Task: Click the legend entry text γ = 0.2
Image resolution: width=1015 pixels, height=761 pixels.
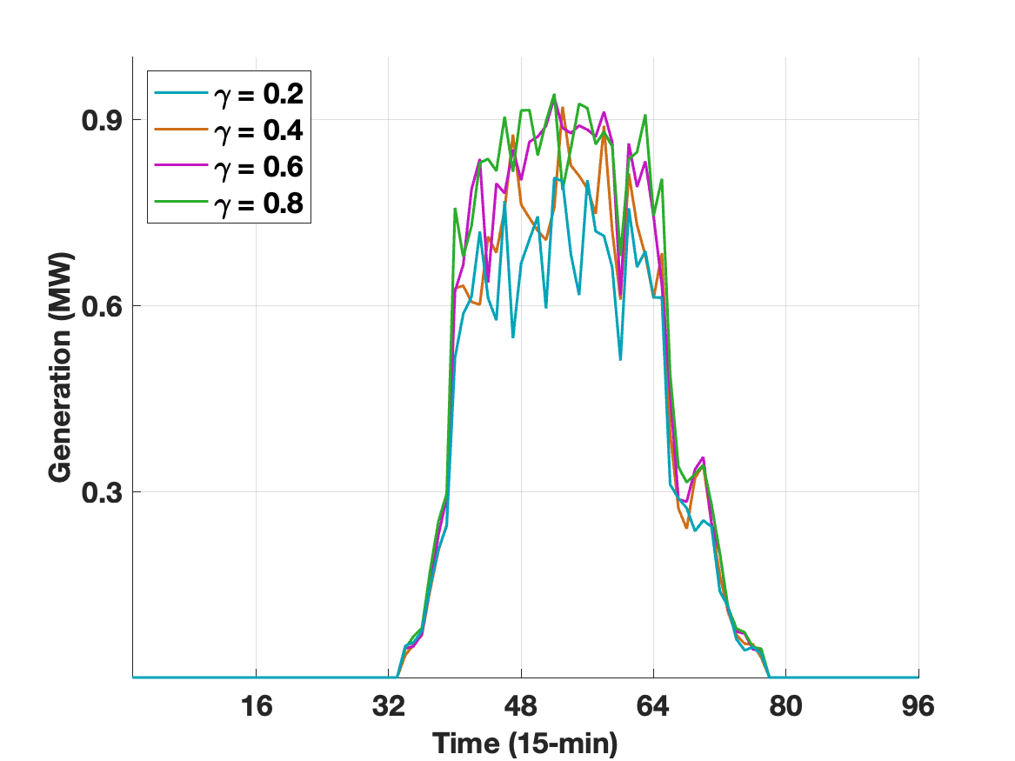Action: coord(257,91)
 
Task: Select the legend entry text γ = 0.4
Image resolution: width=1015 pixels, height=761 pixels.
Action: coord(257,129)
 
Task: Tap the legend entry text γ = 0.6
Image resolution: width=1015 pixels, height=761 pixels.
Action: coord(257,165)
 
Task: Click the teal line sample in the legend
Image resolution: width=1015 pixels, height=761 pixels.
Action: coord(181,91)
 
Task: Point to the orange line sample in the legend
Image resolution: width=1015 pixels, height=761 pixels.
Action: coord(181,129)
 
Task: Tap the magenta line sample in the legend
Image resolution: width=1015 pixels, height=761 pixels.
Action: coord(181,165)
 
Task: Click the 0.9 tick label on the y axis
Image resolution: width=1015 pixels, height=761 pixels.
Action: coord(100,120)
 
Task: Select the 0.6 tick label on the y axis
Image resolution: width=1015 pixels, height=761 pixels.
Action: coord(100,306)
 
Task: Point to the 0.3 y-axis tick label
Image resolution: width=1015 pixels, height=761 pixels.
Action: coord(100,492)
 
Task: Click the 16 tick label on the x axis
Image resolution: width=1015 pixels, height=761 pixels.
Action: coord(256,706)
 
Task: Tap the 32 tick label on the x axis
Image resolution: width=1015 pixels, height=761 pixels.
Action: coord(388,706)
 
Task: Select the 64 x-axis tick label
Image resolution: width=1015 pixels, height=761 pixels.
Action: coord(653,706)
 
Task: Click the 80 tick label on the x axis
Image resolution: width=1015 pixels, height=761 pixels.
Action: coord(785,706)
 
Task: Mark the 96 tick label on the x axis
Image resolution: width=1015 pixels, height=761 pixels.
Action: coord(918,706)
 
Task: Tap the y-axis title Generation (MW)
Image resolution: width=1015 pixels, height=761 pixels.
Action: coord(60,368)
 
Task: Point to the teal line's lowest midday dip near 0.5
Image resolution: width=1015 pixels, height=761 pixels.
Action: coord(620,359)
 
